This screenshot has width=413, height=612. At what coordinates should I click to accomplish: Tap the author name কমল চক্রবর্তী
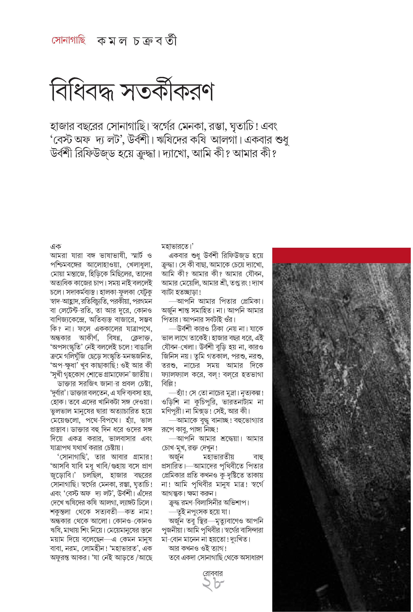tap(137, 41)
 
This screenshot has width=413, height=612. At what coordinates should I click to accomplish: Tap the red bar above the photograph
tap(341, 255)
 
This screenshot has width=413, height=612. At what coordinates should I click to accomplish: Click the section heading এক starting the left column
tap(55, 247)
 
